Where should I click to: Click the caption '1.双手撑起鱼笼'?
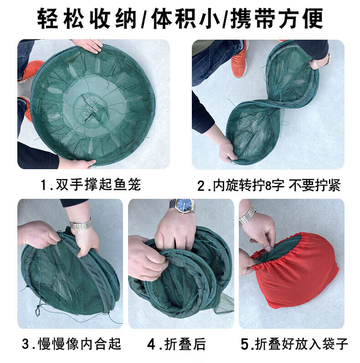(91, 185)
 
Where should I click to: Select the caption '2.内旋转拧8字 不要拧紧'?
(269, 185)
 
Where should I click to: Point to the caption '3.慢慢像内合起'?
(72, 343)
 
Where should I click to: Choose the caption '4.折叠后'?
(176, 344)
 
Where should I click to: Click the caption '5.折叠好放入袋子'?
(294, 344)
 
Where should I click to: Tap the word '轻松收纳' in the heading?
(87, 19)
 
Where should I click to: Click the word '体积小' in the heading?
(185, 19)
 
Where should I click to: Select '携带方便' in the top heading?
(277, 19)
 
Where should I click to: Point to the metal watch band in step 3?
(81, 224)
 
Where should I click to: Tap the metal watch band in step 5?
(247, 215)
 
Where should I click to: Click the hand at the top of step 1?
(88, 46)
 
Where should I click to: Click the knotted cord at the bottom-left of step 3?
(38, 310)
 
